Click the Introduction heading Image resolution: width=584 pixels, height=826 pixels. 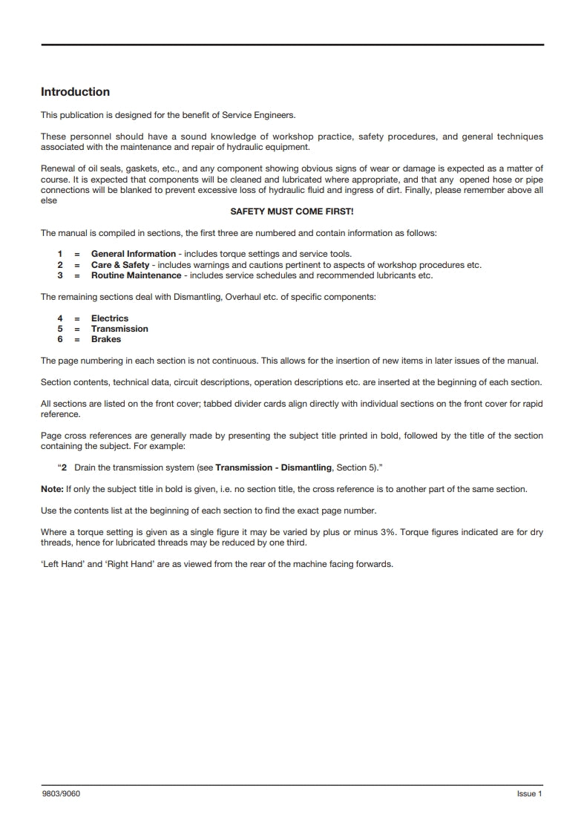[x=75, y=92]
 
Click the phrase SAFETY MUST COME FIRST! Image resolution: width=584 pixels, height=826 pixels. [x=292, y=212]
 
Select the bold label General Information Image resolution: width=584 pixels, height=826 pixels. [x=134, y=255]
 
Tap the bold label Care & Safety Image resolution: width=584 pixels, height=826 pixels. [x=120, y=265]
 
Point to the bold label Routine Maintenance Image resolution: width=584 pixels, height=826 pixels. [x=136, y=275]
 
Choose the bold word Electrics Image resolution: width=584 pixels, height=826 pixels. [x=110, y=318]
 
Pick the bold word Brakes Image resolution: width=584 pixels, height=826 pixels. [x=106, y=339]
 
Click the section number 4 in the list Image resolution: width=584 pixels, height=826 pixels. [x=59, y=318]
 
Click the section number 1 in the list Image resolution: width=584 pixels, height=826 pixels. [x=59, y=255]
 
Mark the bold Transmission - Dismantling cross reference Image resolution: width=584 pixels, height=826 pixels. [x=273, y=468]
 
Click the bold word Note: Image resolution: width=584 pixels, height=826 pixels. [x=52, y=489]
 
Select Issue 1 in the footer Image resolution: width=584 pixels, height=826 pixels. [x=530, y=794]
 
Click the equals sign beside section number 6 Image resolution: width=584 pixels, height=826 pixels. [x=76, y=339]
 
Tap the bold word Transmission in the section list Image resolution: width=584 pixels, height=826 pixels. [x=119, y=329]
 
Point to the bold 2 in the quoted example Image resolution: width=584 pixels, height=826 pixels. [x=65, y=468]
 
